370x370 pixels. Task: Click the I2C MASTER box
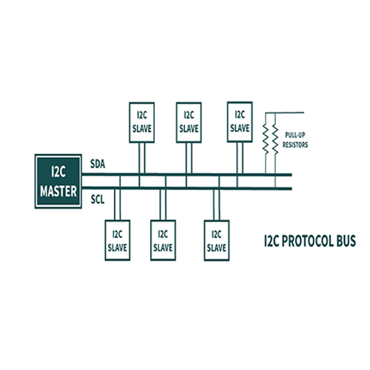click(58, 181)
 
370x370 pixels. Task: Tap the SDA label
click(98, 164)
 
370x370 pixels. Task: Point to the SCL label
click(98, 199)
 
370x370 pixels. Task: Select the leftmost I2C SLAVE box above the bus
click(142, 122)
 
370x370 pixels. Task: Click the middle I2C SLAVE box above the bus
click(189, 122)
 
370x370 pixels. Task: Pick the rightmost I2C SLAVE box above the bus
click(240, 122)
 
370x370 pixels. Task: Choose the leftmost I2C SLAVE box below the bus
click(118, 240)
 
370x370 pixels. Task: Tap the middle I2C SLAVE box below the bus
click(163, 240)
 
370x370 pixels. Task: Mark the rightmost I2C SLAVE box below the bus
click(217, 240)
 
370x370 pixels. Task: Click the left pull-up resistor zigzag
click(266, 139)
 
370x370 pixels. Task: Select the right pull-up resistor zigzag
click(275, 139)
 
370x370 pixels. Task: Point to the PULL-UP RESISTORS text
click(295, 140)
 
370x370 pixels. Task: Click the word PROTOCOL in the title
click(308, 241)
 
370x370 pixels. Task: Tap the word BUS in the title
click(346, 241)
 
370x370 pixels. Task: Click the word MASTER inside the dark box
click(58, 192)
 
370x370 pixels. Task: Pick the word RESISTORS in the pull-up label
click(295, 145)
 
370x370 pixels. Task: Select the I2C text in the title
click(272, 241)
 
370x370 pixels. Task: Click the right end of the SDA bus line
click(292, 175)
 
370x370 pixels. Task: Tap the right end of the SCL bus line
click(292, 189)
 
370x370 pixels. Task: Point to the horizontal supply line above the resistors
click(285, 112)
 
